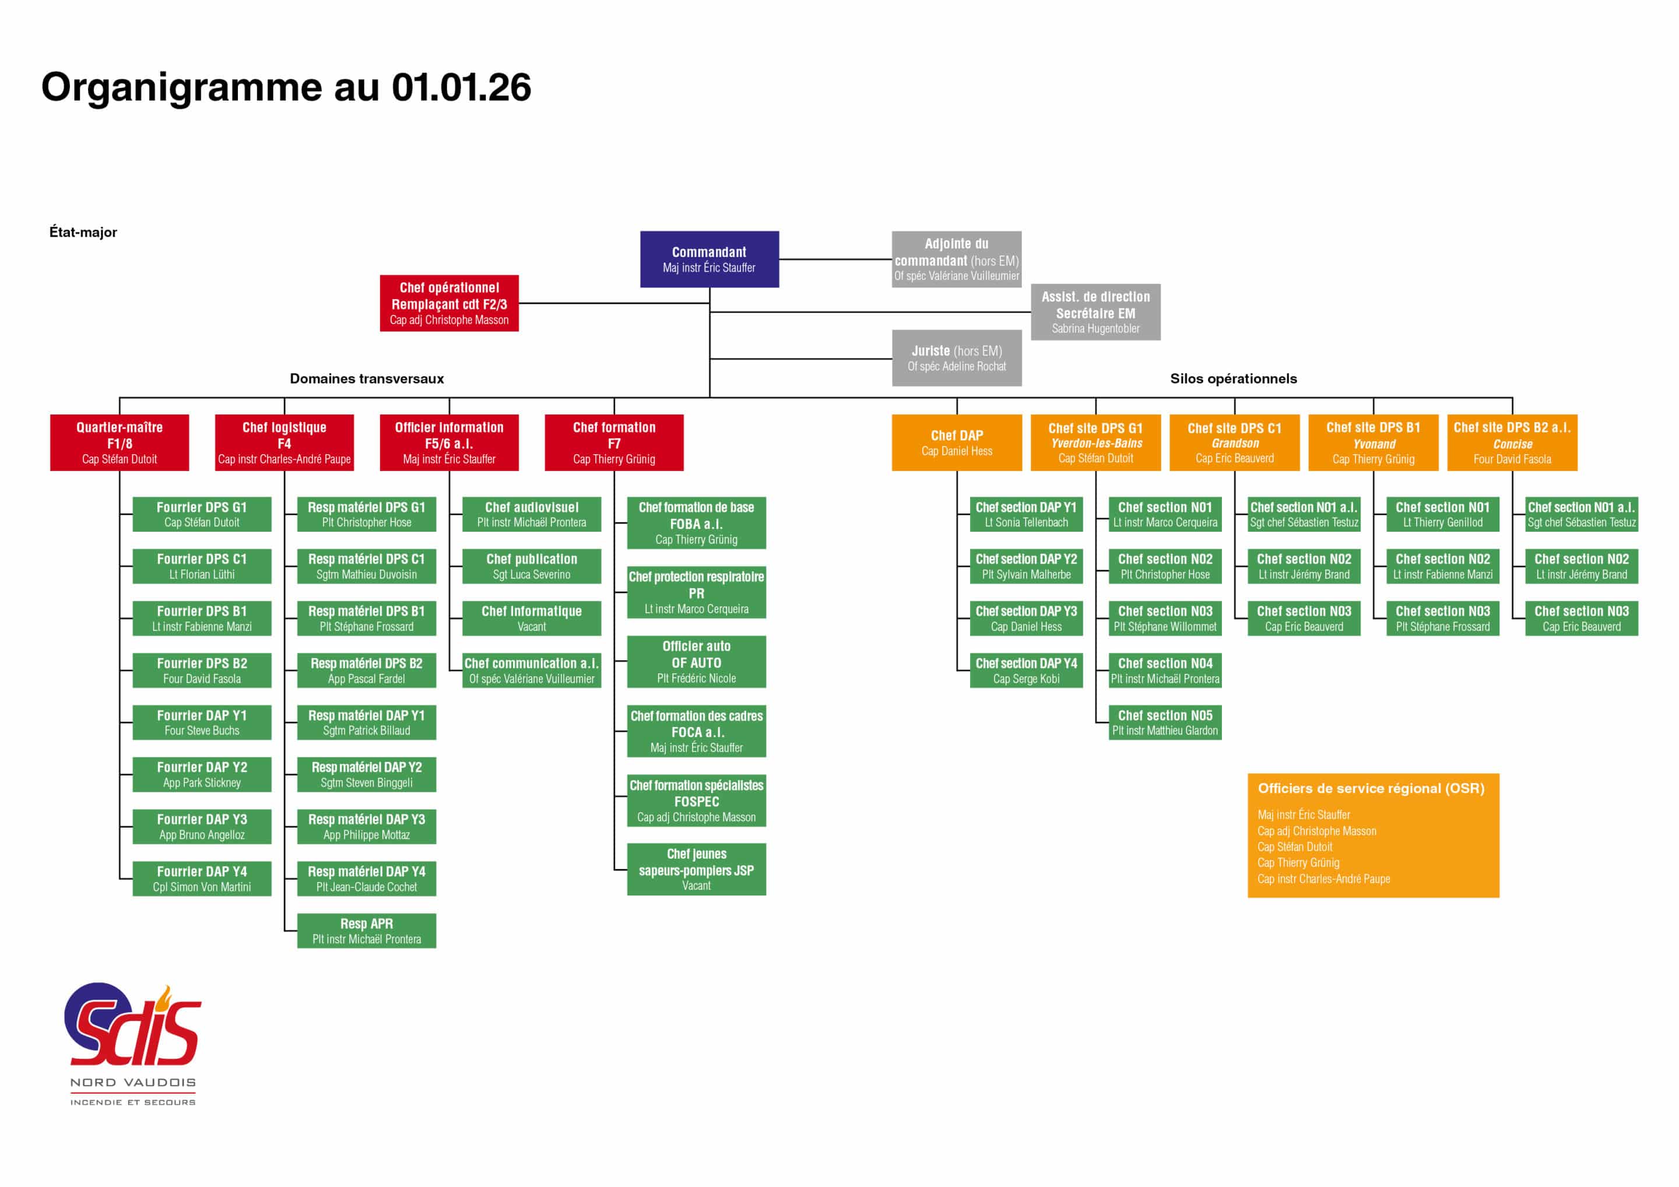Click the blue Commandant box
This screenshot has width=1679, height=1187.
709,259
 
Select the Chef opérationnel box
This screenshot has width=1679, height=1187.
449,303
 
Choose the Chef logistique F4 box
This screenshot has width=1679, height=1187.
284,443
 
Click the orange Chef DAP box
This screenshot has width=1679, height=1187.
957,443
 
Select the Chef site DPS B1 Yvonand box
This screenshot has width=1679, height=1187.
1374,443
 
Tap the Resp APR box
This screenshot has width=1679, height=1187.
366,931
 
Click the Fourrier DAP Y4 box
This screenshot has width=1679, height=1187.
202,879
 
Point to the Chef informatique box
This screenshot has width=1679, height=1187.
532,618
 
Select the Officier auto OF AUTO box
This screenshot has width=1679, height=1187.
696,662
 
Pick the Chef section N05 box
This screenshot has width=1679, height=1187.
1165,722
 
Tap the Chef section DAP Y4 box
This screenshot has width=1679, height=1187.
1026,670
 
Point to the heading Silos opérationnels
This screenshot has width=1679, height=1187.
1234,379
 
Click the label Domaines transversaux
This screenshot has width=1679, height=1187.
367,379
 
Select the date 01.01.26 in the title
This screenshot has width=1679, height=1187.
461,87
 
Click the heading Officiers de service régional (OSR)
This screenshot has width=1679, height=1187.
1371,788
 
